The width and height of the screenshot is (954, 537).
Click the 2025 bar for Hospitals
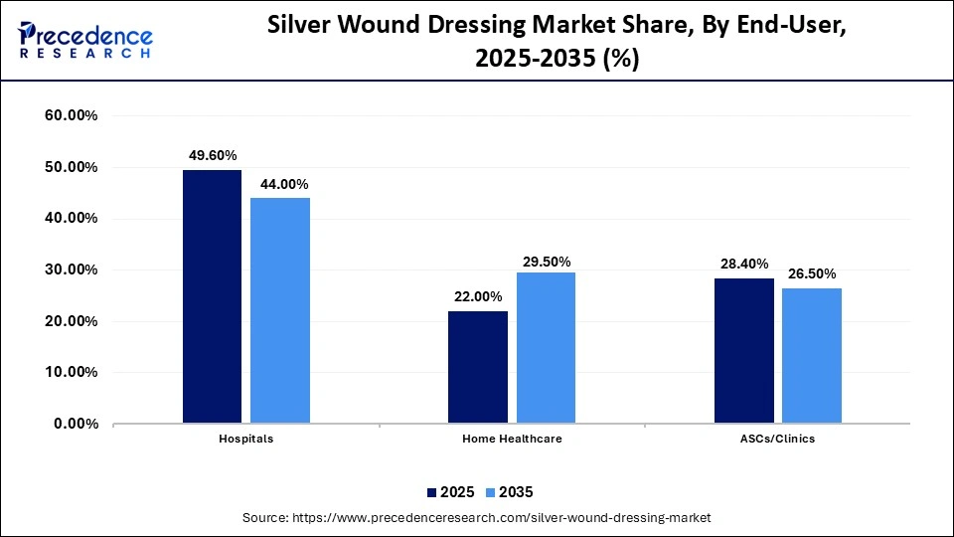[212, 296]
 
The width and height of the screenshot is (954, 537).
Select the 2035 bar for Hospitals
[279, 310]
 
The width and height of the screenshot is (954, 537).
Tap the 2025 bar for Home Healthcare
[477, 367]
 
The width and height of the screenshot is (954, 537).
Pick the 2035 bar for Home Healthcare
[546, 348]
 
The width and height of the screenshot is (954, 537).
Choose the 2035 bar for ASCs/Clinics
[812, 356]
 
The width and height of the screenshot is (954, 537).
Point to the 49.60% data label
[213, 155]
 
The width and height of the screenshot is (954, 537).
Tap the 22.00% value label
[478, 296]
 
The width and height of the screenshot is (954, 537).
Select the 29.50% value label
[547, 262]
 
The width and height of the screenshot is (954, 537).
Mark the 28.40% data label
[744, 264]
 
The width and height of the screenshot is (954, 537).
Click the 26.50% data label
[812, 273]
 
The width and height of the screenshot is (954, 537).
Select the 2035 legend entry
[510, 492]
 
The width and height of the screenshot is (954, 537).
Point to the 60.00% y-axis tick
[71, 116]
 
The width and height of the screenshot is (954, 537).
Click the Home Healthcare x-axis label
[512, 439]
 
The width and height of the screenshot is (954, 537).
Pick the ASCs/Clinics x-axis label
[777, 439]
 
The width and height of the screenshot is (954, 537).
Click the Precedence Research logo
[85, 40]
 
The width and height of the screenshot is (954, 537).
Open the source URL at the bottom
[476, 518]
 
